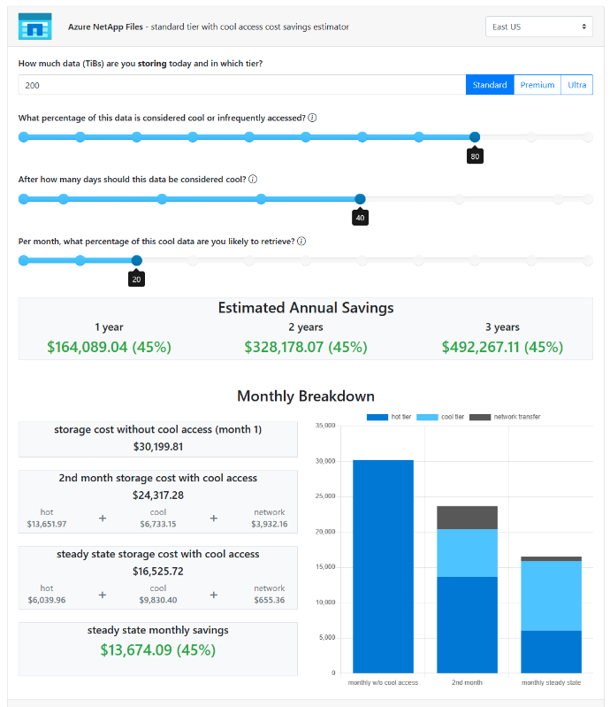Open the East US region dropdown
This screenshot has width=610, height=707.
[539, 27]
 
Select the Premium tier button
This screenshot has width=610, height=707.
[538, 85]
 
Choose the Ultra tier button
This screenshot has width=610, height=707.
[577, 85]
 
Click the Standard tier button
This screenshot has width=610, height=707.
[490, 85]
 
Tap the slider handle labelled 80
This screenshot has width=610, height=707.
[475, 137]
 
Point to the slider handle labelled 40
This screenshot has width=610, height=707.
[360, 199]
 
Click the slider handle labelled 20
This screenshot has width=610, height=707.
[136, 260]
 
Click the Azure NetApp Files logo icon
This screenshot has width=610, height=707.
[35, 27]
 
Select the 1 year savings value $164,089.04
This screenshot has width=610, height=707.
[109, 347]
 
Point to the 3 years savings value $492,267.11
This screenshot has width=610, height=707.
[502, 347]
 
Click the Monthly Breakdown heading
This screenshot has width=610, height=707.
[305, 396]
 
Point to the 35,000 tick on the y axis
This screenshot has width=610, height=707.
[324, 426]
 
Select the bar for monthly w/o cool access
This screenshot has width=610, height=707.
[383, 566]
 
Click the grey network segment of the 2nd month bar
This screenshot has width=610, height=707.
[468, 518]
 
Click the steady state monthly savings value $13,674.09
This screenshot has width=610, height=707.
[158, 650]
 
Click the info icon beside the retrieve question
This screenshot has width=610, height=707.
[301, 241]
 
